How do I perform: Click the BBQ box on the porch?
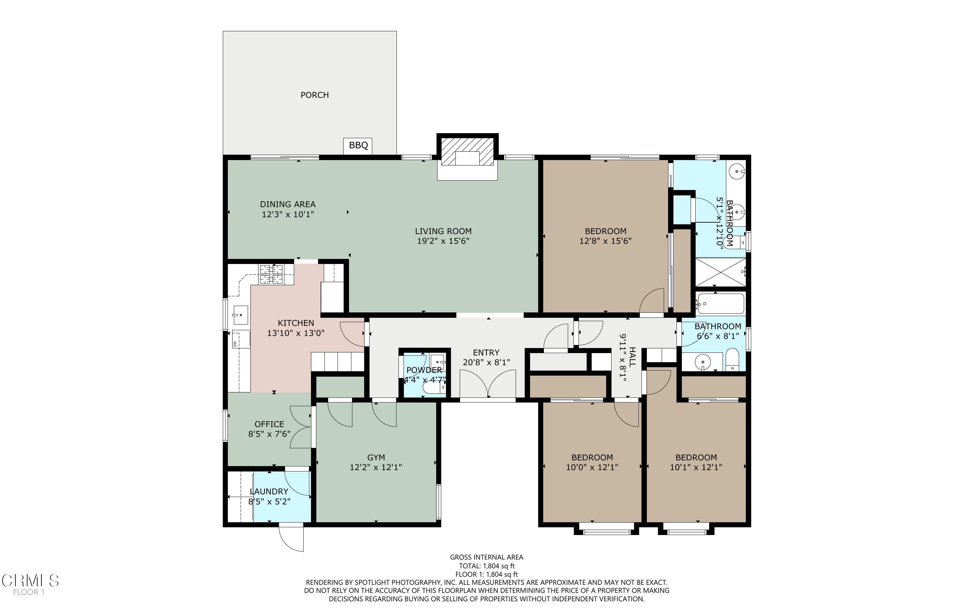[x=358, y=146]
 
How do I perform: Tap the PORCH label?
[x=315, y=95]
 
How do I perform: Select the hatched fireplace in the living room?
[x=467, y=152]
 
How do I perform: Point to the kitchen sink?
[x=241, y=315]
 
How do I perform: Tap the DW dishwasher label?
[x=234, y=343]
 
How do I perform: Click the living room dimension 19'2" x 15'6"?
[x=443, y=241]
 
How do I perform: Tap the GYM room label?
[x=376, y=457]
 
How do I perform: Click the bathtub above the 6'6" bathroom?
[x=721, y=304]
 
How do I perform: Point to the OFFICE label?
[x=269, y=424]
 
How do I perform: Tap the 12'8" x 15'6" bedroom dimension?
[x=605, y=241]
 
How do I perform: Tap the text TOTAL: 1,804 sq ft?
[x=486, y=566]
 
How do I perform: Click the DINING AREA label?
[x=288, y=204]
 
